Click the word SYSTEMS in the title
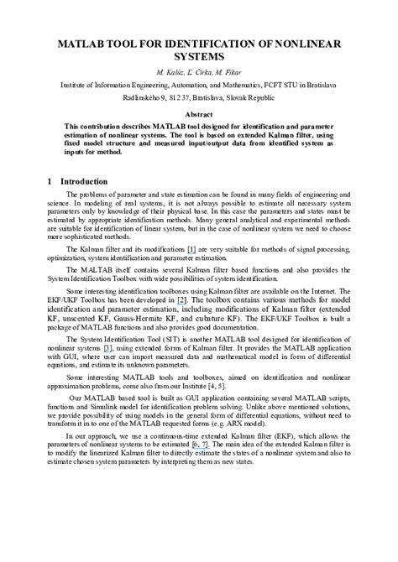[x=198, y=56]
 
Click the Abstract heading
[x=198, y=112]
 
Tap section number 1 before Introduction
[x=50, y=181]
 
